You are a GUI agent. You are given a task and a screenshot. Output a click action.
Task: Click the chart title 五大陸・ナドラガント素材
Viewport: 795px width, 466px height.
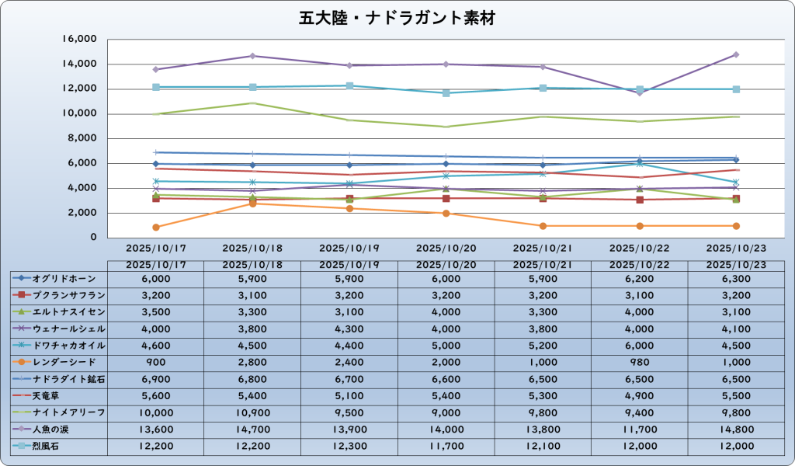(397, 17)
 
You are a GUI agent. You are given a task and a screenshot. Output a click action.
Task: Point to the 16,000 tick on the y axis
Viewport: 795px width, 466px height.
(80, 39)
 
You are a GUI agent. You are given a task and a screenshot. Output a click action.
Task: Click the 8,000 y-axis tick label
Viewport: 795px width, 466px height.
(83, 138)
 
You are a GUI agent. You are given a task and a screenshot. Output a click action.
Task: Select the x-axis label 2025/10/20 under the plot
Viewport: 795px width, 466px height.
(446, 249)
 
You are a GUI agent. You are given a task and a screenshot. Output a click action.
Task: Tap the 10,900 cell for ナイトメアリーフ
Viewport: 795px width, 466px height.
(252, 412)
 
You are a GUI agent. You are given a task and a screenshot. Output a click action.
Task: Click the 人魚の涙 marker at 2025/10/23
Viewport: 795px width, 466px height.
(736, 54)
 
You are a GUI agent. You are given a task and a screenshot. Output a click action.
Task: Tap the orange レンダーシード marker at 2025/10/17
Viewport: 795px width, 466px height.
(156, 227)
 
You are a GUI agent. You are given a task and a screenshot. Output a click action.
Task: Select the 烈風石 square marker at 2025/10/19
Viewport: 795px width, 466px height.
(349, 85)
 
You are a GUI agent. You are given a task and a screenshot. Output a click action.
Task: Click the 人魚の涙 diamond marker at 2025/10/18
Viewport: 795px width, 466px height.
(253, 56)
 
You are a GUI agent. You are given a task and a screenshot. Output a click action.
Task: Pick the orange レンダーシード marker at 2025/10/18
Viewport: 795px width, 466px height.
(253, 203)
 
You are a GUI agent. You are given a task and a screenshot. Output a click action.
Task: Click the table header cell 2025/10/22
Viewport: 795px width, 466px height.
(639, 265)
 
